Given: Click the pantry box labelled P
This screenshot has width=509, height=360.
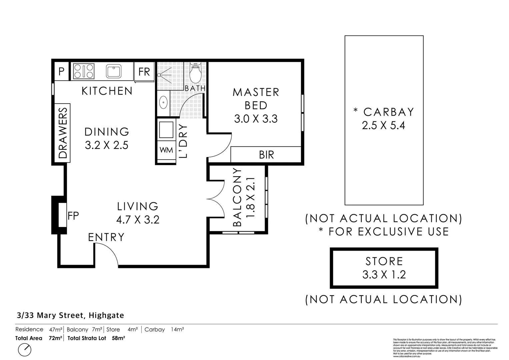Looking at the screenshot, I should [x=61, y=71].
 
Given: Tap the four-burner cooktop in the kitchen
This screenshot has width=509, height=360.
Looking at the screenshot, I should [x=83, y=71].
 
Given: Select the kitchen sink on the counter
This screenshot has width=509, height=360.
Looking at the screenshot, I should [x=114, y=71].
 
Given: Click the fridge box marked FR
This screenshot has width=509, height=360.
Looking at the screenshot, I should [x=144, y=71].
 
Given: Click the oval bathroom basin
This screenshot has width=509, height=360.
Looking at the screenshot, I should [x=163, y=103].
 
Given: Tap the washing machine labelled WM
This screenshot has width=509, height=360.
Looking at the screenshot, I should [x=166, y=150].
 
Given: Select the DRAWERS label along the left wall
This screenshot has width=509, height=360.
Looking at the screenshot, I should [x=63, y=133].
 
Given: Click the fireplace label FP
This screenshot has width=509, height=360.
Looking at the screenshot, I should [x=73, y=216].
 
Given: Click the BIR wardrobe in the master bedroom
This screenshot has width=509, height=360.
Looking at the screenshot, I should [x=266, y=155].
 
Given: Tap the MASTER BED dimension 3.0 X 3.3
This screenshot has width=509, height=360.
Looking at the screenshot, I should [x=256, y=119].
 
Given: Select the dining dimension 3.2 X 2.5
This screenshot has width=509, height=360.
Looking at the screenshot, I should [x=106, y=145].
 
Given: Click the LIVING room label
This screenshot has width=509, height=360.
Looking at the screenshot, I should [x=138, y=206].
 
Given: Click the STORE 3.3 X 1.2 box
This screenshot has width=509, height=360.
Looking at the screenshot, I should [x=384, y=268].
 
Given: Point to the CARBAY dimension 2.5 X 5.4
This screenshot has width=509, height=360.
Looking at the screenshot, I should [x=383, y=126].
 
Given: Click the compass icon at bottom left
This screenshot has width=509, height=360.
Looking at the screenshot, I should [x=25, y=350].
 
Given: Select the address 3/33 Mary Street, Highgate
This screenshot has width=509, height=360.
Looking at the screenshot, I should [x=71, y=315].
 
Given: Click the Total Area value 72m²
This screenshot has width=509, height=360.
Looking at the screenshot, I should [x=56, y=338].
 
